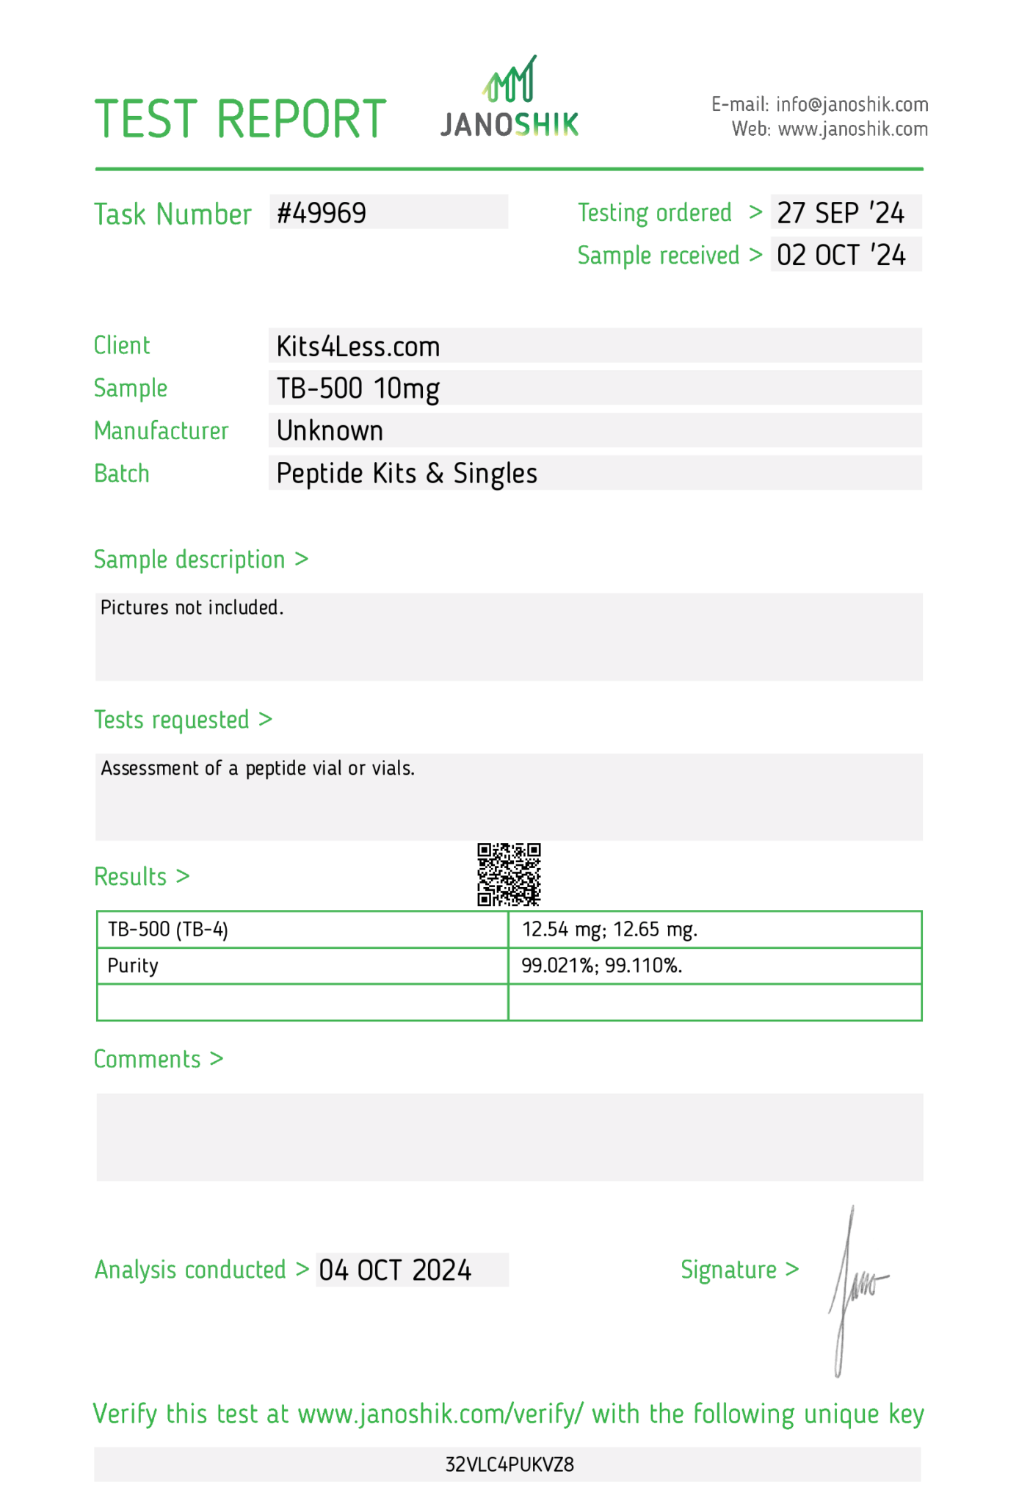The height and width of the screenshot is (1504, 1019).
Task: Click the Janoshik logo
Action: [510, 98]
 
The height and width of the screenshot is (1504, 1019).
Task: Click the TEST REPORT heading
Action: [240, 119]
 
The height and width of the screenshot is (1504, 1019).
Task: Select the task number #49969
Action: [322, 213]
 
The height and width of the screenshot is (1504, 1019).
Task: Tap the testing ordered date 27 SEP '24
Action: [841, 213]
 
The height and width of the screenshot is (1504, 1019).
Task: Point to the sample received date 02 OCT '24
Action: [841, 256]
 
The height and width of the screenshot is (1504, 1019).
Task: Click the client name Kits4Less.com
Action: [358, 347]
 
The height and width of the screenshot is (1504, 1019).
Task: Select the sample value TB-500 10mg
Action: [358, 388]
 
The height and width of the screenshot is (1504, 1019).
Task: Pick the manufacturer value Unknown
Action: [330, 431]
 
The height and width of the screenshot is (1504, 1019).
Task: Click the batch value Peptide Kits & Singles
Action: [407, 474]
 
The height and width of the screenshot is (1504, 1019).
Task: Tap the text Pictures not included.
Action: [192, 608]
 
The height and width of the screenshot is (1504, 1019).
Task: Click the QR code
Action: [509, 875]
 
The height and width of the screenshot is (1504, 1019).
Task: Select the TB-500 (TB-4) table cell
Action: [168, 930]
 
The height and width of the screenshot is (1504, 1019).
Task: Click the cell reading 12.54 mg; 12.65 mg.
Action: [609, 930]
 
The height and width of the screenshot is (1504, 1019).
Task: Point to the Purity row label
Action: [133, 966]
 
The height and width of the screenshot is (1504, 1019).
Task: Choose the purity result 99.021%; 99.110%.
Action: [602, 966]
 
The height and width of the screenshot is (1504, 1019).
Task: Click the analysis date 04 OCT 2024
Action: [395, 1270]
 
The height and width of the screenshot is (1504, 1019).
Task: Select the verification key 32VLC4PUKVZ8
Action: [510, 1465]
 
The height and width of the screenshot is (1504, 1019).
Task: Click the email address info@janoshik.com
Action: [852, 104]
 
